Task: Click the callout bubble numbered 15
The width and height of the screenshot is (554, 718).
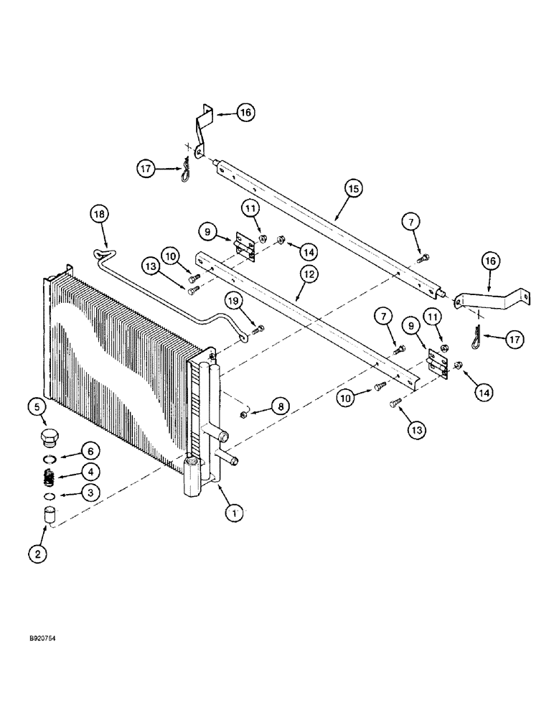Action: click(x=352, y=189)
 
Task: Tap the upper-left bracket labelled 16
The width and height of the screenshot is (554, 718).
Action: click(x=202, y=132)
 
